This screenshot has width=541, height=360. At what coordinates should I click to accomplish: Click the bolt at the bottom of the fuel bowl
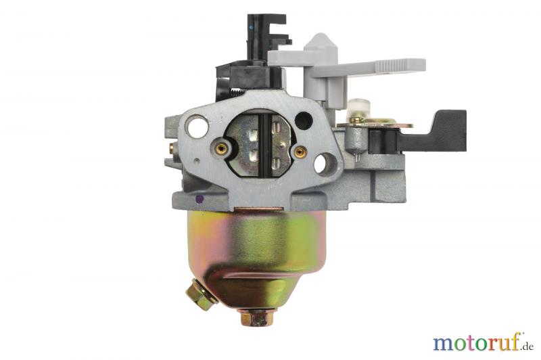tap(258, 317)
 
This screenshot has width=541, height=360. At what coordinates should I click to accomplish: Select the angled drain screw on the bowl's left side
tap(202, 294)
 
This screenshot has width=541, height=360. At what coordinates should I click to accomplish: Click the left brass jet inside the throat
tap(221, 149)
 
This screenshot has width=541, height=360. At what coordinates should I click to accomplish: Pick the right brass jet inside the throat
tap(300, 151)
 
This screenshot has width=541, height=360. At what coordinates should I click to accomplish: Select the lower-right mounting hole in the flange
tap(324, 164)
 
